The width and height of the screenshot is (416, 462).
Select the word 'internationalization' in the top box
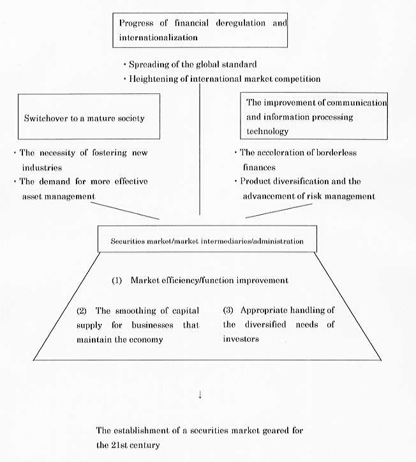tap(158, 37)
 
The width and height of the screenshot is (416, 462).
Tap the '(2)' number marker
tap(82, 311)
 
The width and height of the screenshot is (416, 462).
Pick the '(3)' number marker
tap(228, 311)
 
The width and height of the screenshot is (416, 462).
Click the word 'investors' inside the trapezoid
tap(241, 339)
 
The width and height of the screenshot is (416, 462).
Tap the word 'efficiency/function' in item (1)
tap(204, 281)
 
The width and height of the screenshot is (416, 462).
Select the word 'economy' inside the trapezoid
tap(147, 339)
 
